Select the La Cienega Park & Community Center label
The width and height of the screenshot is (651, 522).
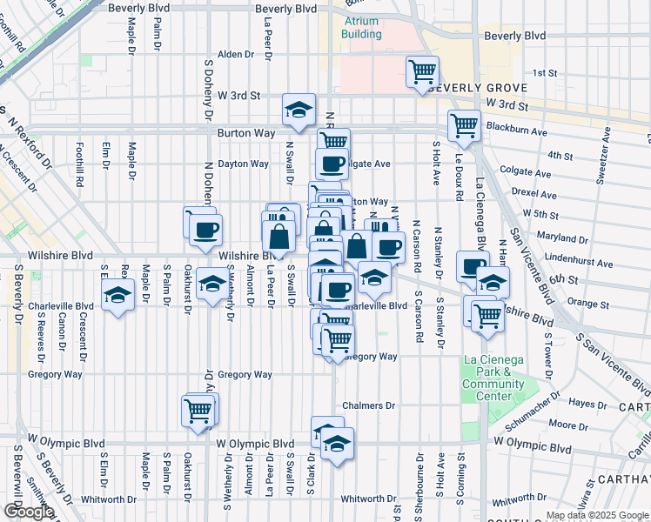click(493, 378)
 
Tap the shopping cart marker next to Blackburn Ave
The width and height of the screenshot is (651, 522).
click(464, 125)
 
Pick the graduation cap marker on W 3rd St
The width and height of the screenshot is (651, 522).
click(299, 110)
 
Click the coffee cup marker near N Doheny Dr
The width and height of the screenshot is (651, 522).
click(206, 231)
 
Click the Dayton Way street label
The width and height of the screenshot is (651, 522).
click(243, 164)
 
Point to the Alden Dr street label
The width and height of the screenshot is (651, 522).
click(235, 54)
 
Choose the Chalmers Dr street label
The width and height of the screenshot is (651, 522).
click(368, 405)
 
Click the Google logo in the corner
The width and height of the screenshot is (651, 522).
click(29, 512)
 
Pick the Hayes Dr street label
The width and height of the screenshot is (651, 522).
click(587, 404)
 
